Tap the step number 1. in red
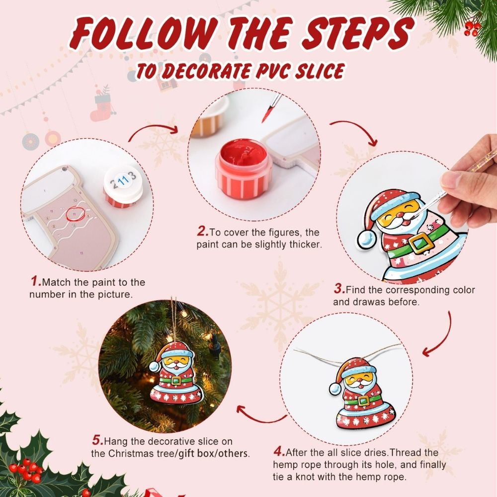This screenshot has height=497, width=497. (x=36, y=282)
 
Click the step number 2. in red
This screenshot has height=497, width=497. (x=202, y=232)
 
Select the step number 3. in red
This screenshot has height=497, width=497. (x=339, y=289)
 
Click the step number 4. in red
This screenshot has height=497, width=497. (x=279, y=452)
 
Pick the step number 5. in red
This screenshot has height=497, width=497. (x=97, y=440)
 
